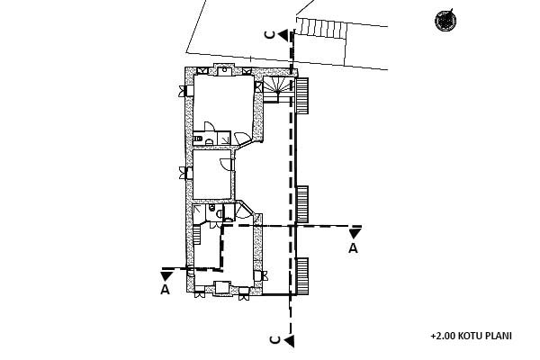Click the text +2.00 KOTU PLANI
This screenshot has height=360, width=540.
[471, 336]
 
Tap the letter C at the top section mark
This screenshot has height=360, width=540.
[270, 34]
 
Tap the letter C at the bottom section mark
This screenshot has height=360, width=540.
[276, 340]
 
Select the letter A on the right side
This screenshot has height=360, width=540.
[353, 247]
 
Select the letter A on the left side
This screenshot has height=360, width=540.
[165, 290]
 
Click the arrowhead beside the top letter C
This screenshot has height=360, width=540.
[283, 34]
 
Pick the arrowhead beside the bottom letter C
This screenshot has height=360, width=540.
[290, 340]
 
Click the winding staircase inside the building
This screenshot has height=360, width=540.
[278, 88]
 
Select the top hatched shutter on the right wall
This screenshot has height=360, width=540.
[302, 94]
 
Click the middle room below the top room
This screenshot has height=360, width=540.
[213, 175]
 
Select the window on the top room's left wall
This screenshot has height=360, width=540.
[184, 89]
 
